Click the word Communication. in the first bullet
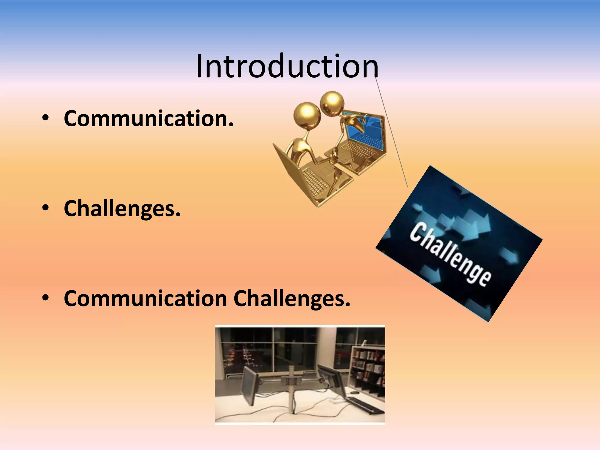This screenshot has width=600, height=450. click(x=149, y=119)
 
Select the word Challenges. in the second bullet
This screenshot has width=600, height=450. click(x=122, y=209)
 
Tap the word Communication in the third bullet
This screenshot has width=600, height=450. click(x=145, y=299)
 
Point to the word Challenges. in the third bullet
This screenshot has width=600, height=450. click(x=292, y=299)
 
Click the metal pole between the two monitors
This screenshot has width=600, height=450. click(x=292, y=390)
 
